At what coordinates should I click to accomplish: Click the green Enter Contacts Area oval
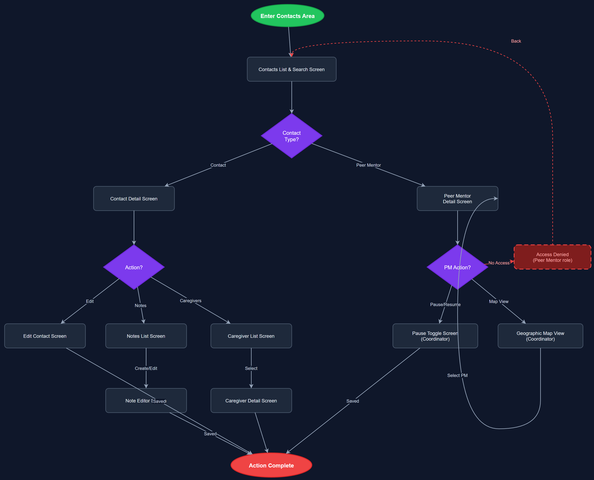coord(287,16)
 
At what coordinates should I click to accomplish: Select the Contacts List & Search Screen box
coord(291,69)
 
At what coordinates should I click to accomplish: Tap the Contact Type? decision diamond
coord(291,136)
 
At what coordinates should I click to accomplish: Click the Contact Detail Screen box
coord(134,199)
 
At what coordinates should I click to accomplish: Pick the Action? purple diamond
coord(134,267)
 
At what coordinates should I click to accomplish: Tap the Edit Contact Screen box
coord(45,336)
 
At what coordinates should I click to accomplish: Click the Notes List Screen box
coord(146,336)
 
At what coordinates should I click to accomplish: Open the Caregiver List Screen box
coord(251,336)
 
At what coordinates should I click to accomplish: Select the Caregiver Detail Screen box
coord(251,401)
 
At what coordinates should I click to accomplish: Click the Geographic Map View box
coord(540,336)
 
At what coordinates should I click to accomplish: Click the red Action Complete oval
coord(271,465)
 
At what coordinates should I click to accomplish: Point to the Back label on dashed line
coord(516,41)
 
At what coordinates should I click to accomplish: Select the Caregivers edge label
coord(191,301)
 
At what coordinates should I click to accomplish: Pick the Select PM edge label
coord(457,375)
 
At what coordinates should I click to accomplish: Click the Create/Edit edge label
coord(146,368)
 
